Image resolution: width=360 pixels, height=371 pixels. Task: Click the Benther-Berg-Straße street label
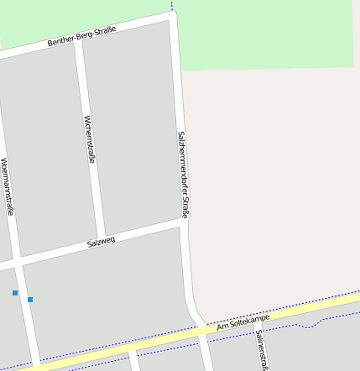(81, 35)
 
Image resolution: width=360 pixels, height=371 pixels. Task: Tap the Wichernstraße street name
(89, 138)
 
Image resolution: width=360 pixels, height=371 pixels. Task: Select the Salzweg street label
(101, 242)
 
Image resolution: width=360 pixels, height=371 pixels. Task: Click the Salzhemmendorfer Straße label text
(183, 174)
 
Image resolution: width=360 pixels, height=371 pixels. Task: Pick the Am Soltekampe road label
(243, 319)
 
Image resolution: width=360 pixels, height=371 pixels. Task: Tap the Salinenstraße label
(262, 350)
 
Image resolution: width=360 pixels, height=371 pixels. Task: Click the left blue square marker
(15, 293)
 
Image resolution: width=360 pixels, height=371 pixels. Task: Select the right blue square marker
(30, 299)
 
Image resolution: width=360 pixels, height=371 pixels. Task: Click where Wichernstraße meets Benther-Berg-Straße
(78, 39)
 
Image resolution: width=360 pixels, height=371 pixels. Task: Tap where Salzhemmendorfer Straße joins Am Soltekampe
(202, 329)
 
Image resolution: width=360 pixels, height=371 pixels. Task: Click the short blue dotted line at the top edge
(172, 6)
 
